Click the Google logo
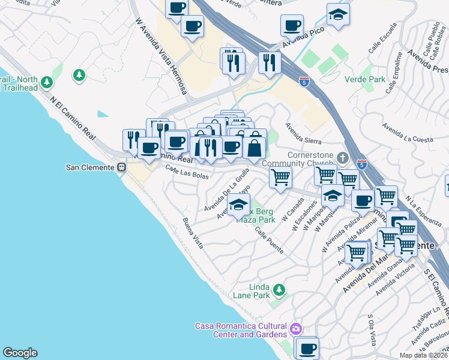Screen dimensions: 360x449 (20, 353)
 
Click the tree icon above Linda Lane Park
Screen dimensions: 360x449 (279, 291)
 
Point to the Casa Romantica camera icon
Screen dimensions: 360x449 (295, 329)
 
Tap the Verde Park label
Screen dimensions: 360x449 (364, 79)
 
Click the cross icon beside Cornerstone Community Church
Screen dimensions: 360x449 (343, 158)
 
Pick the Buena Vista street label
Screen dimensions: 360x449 (193, 233)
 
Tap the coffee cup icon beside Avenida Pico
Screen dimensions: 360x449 (292, 26)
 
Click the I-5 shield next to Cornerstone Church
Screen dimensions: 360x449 (361, 163)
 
